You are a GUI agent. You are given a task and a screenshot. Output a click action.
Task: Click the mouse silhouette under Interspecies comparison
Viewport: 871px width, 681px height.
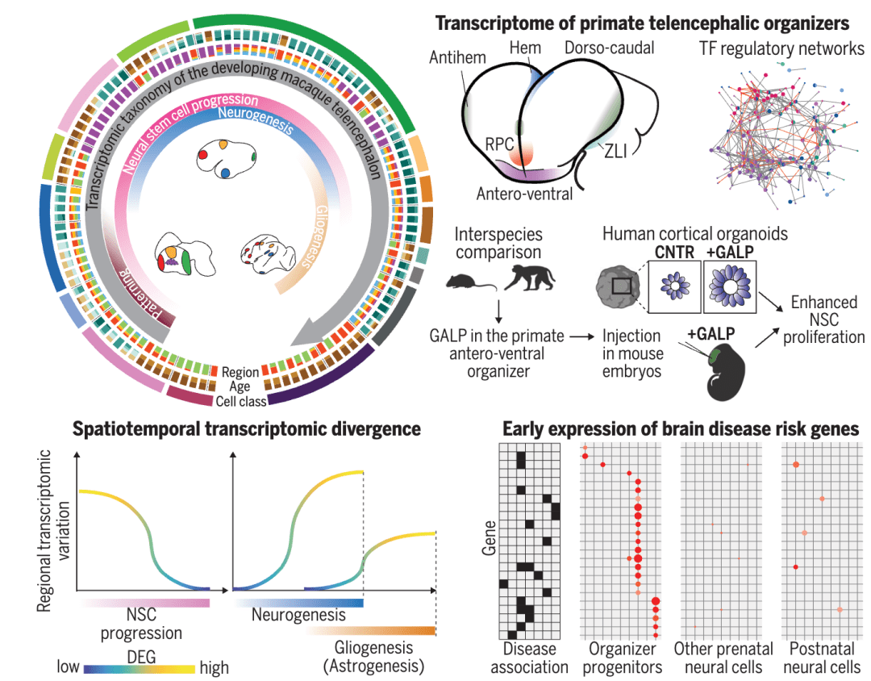click(x=467, y=282)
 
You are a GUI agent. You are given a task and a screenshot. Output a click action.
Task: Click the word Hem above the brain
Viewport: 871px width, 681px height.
click(x=525, y=48)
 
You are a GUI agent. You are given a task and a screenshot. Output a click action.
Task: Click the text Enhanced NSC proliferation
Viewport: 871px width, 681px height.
click(x=823, y=320)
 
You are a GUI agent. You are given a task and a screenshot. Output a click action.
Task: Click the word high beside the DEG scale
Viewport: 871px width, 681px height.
click(x=214, y=667)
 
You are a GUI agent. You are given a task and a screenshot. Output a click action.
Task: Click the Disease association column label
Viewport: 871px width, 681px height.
click(x=529, y=658)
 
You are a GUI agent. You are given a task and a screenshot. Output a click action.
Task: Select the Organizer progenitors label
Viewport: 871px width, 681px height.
click(x=622, y=658)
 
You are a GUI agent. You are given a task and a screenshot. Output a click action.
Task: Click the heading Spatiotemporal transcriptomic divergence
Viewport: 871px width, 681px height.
click(x=247, y=428)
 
